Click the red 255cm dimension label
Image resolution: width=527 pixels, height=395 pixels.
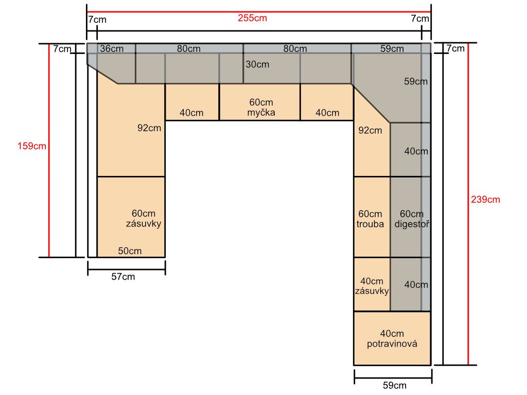click(252, 18)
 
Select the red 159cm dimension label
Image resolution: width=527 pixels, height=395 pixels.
click(32, 146)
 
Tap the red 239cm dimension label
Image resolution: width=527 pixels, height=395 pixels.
click(485, 200)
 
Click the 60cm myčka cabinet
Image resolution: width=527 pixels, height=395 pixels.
click(259, 102)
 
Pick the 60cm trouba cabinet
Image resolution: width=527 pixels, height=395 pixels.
click(372, 217)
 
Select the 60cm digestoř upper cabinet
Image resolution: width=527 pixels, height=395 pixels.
click(410, 217)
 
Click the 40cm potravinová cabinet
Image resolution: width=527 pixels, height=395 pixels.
click(392, 338)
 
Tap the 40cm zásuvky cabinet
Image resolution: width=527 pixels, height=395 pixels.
click(372, 284)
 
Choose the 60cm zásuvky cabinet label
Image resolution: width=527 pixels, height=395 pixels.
click(144, 218)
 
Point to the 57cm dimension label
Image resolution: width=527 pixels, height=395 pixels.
click(123, 277)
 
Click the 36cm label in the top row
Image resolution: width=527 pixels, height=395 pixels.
click(112, 49)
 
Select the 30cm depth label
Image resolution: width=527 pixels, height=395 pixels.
click(257, 64)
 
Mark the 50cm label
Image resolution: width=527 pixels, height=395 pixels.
click(130, 251)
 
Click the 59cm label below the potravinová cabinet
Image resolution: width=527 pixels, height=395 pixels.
click(395, 385)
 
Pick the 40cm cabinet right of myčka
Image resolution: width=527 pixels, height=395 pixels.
click(327, 102)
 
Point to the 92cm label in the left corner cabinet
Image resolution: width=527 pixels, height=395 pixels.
click(149, 128)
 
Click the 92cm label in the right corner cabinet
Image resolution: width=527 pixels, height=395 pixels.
click(370, 130)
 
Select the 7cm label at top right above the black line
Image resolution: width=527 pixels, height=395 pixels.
click(420, 19)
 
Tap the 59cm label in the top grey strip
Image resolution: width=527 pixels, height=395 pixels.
click(392, 49)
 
